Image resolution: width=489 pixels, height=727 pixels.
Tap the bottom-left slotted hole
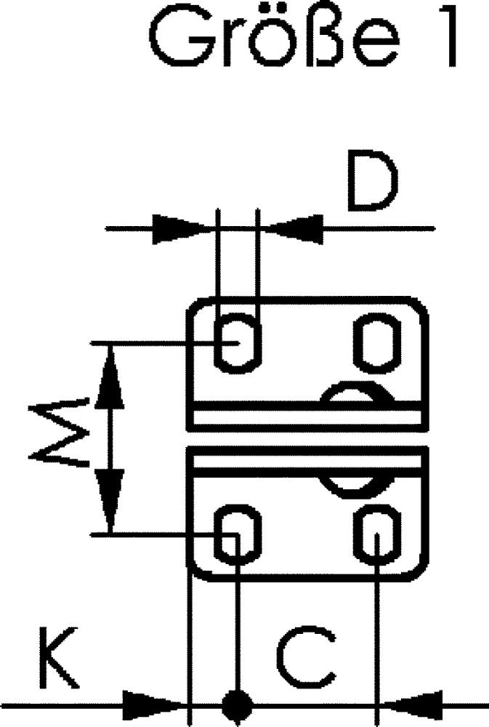(238, 536)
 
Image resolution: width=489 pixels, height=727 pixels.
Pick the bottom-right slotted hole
(377, 536)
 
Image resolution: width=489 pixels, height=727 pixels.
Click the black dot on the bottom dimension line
(236, 704)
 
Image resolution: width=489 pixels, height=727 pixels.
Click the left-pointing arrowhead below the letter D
(295, 228)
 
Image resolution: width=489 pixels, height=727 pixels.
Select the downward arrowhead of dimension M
(110, 502)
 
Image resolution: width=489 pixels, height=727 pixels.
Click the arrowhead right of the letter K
(152, 704)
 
